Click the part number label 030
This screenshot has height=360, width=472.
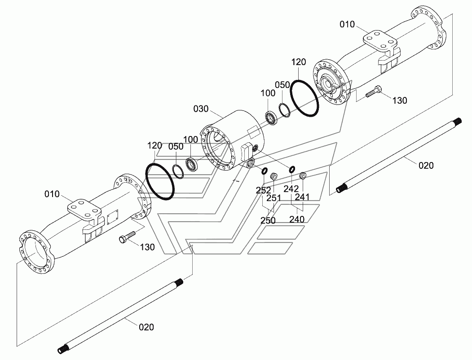(201, 109)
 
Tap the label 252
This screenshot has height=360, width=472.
(263, 190)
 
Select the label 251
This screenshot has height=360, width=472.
(273, 198)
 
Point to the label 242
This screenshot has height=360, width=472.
(291, 189)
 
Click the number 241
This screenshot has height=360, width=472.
(302, 197)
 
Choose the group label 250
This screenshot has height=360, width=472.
(268, 220)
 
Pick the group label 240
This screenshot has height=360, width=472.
(297, 219)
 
